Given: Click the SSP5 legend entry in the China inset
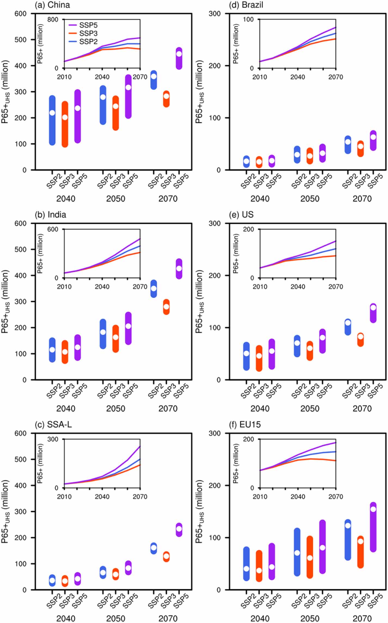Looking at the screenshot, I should coord(88,25).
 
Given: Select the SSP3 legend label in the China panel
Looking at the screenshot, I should coord(88,34).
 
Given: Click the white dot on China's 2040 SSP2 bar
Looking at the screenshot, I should coord(52,113).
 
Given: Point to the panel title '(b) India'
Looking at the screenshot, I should coord(51,215).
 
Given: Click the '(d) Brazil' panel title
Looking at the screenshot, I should coord(246,5).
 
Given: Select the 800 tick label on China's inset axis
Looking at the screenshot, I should coord(53,20).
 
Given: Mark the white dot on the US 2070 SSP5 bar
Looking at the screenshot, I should coord(373,308).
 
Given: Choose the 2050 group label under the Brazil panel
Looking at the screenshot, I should coord(310,199).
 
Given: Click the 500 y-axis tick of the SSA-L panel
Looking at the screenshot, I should coord(21,459).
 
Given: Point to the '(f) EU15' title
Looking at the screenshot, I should coord(245,425).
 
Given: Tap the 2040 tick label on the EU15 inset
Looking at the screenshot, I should coord(298,496).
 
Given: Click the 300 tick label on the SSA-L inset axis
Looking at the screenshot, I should coord(53,439).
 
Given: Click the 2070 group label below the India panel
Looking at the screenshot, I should coord(168,409).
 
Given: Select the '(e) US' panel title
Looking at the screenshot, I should coord(242,215).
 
